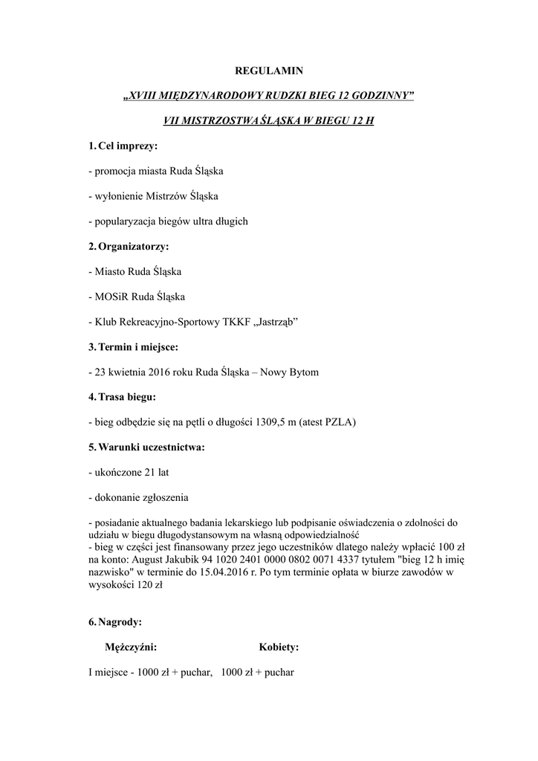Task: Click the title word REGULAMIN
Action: pos(268,71)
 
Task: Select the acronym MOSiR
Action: pos(111,297)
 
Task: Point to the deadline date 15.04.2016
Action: pos(256,572)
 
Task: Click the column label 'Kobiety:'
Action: pos(279,647)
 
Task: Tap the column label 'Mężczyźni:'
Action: pos(131,647)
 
